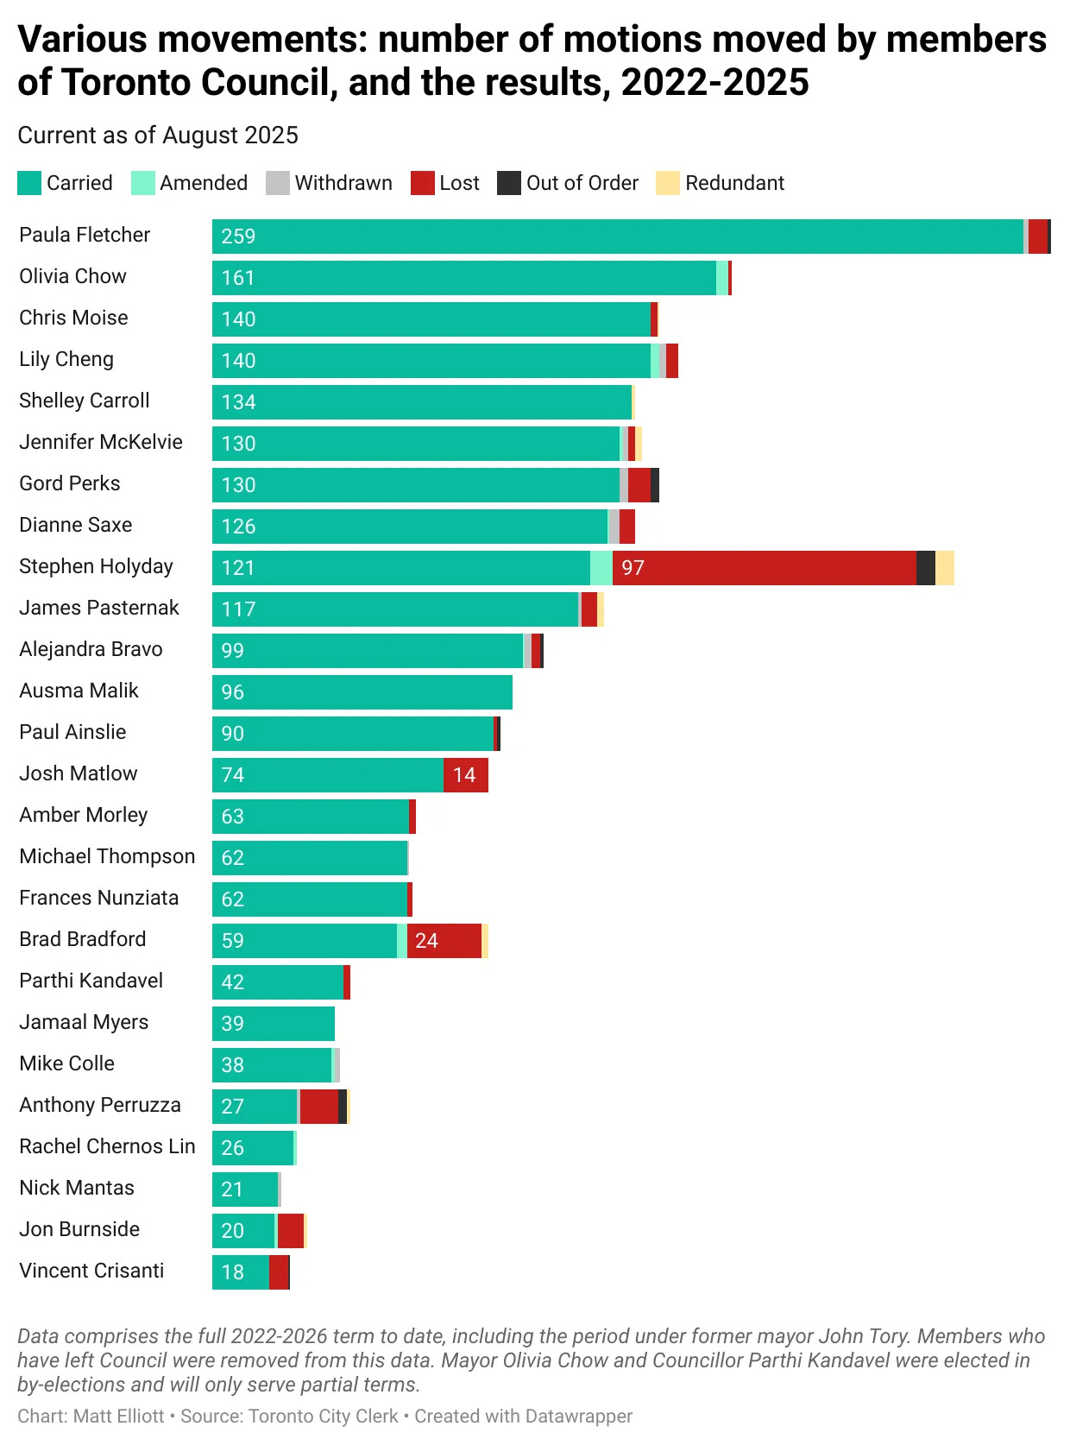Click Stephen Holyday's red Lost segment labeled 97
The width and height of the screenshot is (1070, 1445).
point(764,568)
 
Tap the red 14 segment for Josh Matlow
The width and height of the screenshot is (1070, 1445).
point(465,775)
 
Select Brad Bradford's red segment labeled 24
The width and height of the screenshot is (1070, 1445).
point(444,941)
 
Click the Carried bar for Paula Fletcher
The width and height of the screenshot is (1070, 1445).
point(617,237)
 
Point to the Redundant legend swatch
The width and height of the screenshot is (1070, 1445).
point(667,183)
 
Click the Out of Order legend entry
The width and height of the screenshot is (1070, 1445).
point(569,183)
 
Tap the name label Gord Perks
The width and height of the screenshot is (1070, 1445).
point(70,483)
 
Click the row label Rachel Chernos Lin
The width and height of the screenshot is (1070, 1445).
point(107,1146)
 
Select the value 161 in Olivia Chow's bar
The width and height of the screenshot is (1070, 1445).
point(238,278)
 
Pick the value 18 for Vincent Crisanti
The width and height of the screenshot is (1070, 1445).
point(233,1272)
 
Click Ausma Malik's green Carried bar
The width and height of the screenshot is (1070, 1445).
point(362,692)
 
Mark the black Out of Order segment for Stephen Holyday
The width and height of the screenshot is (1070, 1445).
point(925,568)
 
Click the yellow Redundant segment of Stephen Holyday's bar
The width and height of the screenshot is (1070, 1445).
point(944,568)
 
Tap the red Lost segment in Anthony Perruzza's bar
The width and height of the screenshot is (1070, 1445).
point(318,1107)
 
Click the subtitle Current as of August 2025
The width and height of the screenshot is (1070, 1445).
point(158,136)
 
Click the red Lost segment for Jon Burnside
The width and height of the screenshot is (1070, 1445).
point(290,1231)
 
